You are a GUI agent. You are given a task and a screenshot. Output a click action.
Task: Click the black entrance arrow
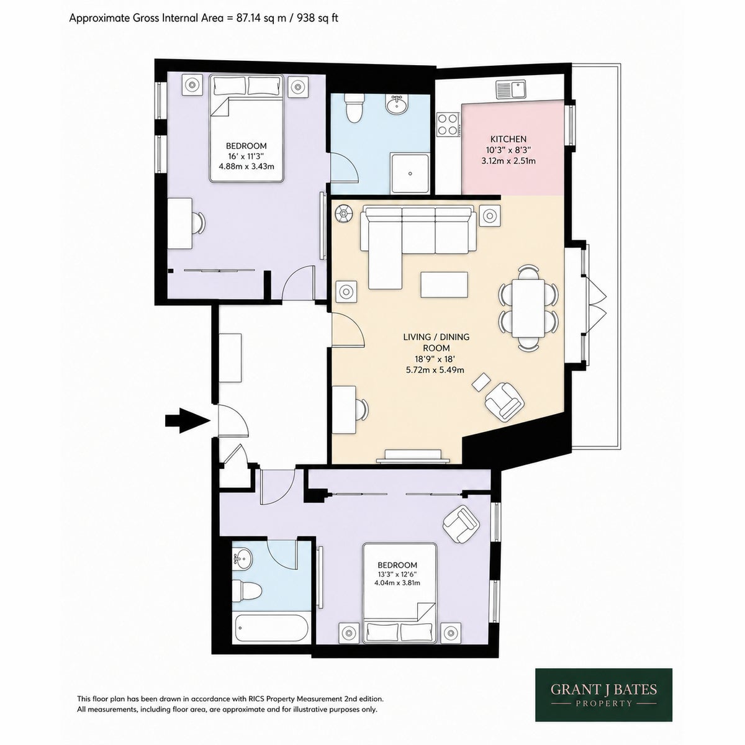point(187,420)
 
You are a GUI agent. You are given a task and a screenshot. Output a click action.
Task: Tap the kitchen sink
point(511,89)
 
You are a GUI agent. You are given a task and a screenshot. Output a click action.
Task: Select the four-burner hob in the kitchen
point(448,124)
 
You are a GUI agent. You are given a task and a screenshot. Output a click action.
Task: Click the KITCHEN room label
point(508,139)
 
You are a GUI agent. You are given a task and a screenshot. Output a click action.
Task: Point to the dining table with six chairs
point(528,307)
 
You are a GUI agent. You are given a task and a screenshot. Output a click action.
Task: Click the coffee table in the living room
point(445,285)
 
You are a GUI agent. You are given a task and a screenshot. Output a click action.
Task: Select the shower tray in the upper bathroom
point(410,174)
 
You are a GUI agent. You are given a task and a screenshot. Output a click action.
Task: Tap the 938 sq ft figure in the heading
point(317,18)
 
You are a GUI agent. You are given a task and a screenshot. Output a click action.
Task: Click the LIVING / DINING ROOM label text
point(436,342)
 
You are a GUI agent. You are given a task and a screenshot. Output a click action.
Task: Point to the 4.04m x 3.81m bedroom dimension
point(397,582)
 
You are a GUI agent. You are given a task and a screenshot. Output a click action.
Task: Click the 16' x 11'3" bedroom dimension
point(246,156)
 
